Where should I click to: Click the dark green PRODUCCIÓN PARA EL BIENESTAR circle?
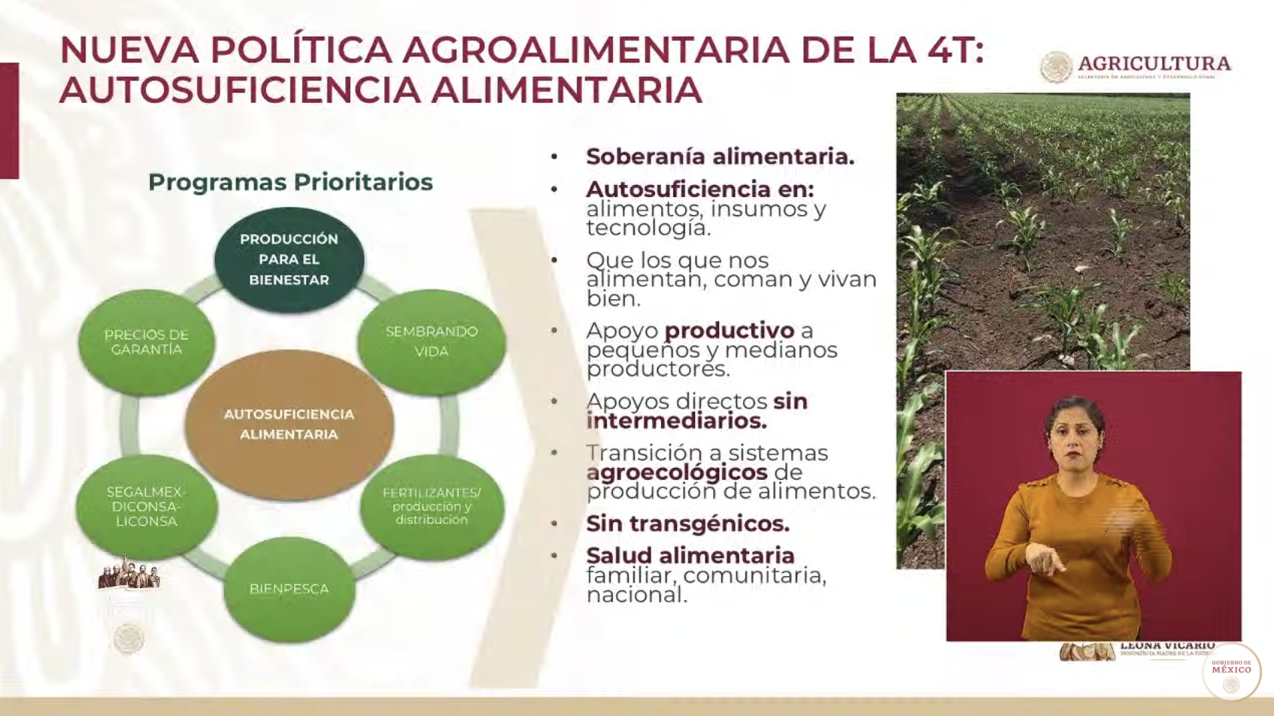(x=289, y=259)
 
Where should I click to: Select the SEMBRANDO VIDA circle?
(x=431, y=341)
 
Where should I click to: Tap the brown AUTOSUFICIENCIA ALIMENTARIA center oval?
(x=289, y=424)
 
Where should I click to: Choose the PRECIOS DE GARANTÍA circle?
(x=146, y=342)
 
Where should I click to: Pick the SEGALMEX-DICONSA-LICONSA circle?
(x=146, y=506)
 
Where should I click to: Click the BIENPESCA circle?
(x=289, y=589)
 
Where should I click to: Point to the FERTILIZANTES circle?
(x=431, y=506)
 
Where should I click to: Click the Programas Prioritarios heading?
(x=290, y=182)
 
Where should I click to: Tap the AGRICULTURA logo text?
(x=1154, y=64)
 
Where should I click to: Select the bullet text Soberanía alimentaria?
(x=720, y=156)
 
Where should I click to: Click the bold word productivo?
(x=729, y=330)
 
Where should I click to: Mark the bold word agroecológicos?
(x=677, y=472)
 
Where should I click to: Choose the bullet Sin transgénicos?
(x=687, y=523)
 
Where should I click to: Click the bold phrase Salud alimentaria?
(x=690, y=555)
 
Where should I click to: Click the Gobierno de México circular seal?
(x=1231, y=672)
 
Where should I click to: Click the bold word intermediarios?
(x=676, y=420)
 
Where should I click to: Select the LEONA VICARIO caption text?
(x=1166, y=646)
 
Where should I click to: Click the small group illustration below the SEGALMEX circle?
(x=129, y=574)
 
